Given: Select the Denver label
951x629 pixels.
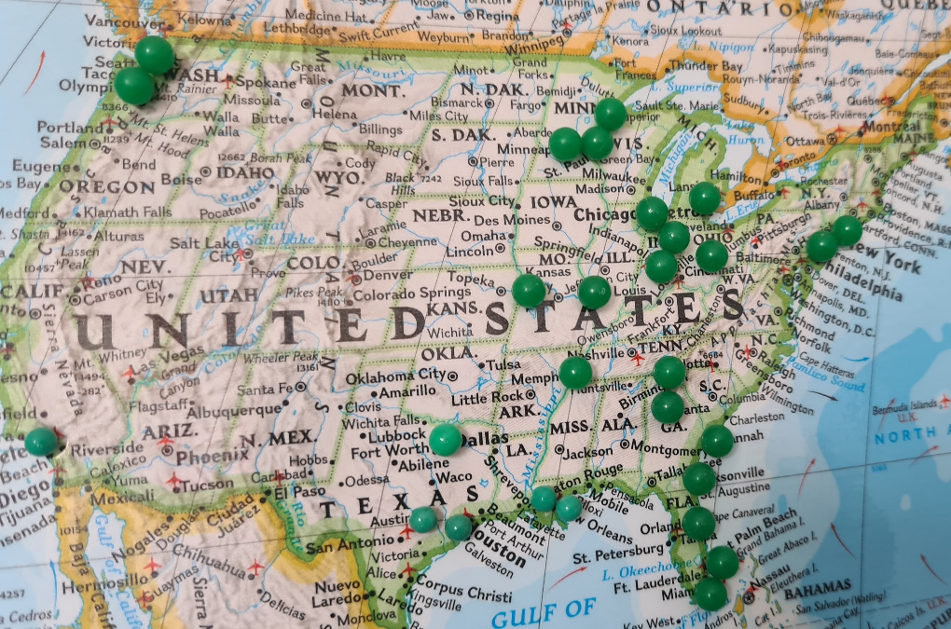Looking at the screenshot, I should coord(388,276).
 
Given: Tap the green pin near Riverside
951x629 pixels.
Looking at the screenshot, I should coord(41,441).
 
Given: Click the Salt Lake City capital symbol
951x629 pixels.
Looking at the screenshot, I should coord(248,253).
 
